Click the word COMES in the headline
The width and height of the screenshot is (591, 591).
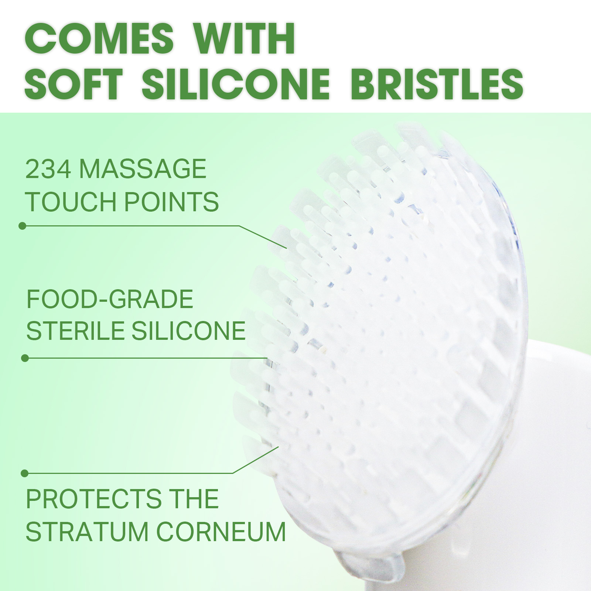[99, 38]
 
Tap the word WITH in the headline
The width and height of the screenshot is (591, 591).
[245, 38]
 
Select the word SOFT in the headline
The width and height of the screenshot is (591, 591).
[74, 84]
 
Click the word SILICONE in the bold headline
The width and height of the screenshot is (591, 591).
[236, 84]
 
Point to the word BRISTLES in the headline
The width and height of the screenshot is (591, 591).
[437, 84]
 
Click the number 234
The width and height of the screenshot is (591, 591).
[48, 169]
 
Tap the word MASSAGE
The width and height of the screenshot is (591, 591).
[143, 169]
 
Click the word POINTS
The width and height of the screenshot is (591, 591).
[171, 202]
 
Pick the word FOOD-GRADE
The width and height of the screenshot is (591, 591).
[110, 299]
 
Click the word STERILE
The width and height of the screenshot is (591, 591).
[75, 331]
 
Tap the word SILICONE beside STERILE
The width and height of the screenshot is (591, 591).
[188, 331]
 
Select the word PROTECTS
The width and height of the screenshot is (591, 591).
[93, 499]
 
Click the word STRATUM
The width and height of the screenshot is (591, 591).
[87, 532]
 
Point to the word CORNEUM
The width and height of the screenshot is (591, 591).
[221, 532]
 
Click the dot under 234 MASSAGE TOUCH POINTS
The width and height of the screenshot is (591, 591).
[23, 226]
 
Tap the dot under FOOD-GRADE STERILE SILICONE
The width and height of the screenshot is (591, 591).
[25, 358]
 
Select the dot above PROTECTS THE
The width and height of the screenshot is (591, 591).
[25, 473]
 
